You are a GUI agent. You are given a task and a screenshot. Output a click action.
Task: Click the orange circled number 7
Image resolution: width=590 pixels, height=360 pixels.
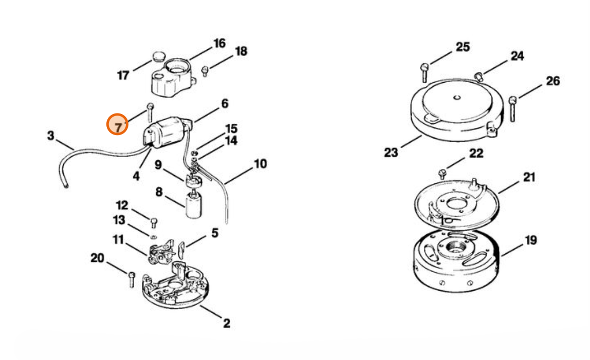coord(117,124)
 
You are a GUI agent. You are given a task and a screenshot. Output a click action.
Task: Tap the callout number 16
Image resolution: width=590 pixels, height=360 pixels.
coord(219,44)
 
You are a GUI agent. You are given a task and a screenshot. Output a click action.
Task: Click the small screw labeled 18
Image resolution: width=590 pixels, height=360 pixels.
coord(205,71)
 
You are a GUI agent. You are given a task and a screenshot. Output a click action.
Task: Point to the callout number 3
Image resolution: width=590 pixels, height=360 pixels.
coord(50,136)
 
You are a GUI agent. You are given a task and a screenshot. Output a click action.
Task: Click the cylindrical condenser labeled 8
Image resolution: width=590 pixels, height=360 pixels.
coord(194,205)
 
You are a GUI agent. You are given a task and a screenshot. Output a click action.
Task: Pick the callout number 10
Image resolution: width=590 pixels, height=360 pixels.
coord(261,164)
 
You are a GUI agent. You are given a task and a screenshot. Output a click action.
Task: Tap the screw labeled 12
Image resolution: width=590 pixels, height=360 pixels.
coord(154,223)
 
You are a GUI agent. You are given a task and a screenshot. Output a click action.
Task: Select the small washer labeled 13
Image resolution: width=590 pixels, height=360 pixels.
coord(154,237)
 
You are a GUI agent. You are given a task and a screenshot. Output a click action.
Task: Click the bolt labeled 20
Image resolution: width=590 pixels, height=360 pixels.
coord(132,279)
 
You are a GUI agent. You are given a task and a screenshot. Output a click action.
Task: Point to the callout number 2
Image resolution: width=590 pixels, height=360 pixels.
coord(226,323)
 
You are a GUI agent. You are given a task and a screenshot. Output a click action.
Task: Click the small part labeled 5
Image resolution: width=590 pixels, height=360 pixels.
coord(181,250)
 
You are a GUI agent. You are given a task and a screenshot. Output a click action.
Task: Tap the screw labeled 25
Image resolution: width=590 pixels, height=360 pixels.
coord(424,72)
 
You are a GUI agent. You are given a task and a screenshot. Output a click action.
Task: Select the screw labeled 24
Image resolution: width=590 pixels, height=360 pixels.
coord(478,76)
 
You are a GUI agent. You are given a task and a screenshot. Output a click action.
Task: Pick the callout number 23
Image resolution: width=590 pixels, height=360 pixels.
coord(391,153)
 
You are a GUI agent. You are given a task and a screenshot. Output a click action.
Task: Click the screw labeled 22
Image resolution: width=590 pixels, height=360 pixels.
coord(442,174)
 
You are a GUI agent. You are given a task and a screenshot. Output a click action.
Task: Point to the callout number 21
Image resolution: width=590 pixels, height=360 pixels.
coord(529,177)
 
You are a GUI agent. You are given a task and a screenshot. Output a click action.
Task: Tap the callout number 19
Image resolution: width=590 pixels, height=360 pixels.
coord(530,240)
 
